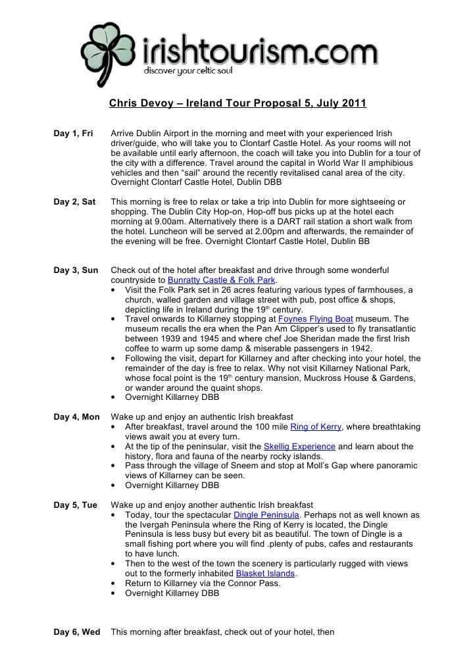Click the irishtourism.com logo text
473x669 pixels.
pyautogui.click(x=261, y=49)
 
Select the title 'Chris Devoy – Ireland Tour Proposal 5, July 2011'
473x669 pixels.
pyautogui.click(x=237, y=103)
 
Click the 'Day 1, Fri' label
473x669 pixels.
pyautogui.click(x=72, y=134)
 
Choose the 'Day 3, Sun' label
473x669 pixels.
pyautogui.click(x=76, y=270)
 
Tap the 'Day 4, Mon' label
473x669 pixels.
pyautogui.click(x=76, y=417)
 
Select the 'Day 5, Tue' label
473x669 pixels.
pyautogui.click(x=75, y=505)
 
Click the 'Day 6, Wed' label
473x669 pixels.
pyautogui.click(x=76, y=632)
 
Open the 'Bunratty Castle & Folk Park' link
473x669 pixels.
pyautogui.click(x=221, y=280)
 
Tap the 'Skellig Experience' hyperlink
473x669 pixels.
pyautogui.click(x=299, y=447)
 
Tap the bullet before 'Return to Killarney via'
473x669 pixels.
pyautogui.click(x=116, y=583)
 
